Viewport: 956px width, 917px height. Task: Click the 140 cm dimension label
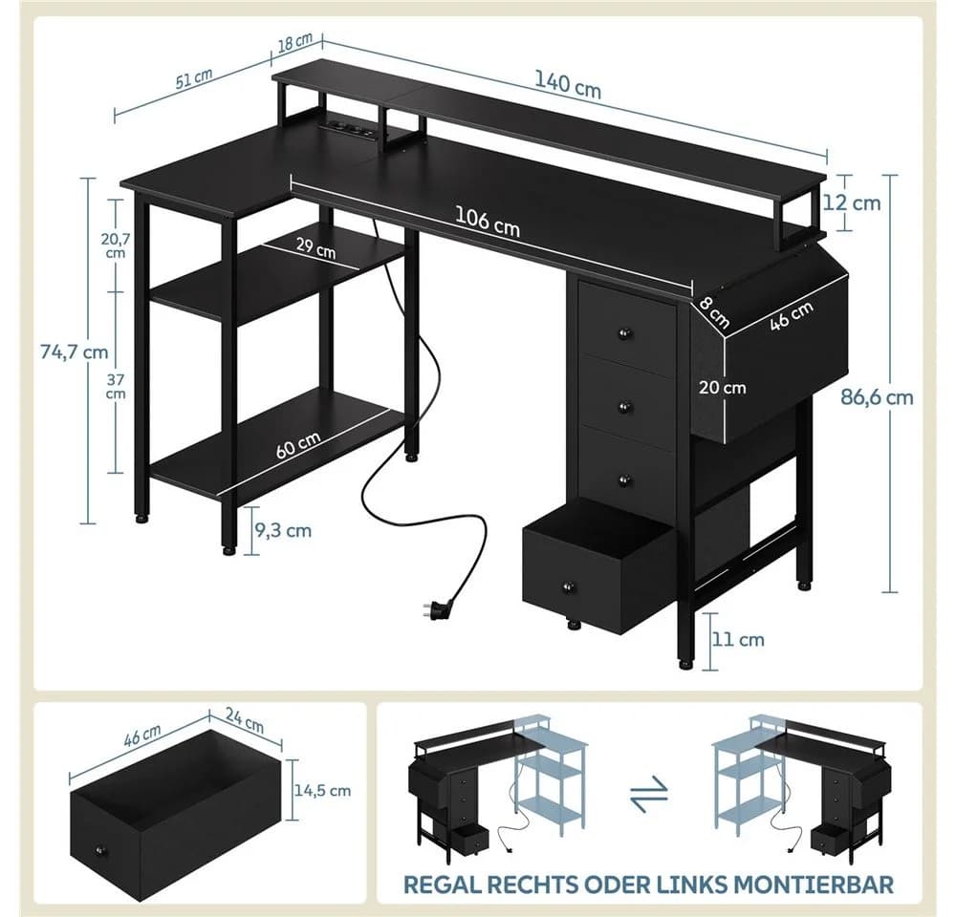(x=568, y=85)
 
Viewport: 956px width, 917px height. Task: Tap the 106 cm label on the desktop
(x=488, y=221)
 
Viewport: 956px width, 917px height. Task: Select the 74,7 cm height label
(x=75, y=352)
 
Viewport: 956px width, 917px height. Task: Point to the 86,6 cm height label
(x=878, y=397)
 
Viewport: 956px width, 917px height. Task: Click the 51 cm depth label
(x=194, y=78)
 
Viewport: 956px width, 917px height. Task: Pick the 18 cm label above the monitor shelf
(x=295, y=44)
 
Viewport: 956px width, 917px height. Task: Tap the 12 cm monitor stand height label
(x=852, y=203)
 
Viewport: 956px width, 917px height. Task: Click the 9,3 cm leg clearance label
(x=283, y=531)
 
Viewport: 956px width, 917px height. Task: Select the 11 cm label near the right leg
(x=738, y=640)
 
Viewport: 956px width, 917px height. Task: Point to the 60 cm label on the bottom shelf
(x=298, y=445)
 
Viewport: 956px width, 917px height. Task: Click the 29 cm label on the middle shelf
(x=315, y=247)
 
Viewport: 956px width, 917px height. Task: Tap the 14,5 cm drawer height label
(x=322, y=790)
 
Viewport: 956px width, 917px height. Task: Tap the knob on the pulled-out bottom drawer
(x=569, y=587)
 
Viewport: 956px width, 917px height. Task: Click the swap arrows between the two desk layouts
(x=650, y=794)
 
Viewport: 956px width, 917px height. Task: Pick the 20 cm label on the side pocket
(x=723, y=388)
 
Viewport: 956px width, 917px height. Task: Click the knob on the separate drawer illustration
(x=98, y=850)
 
